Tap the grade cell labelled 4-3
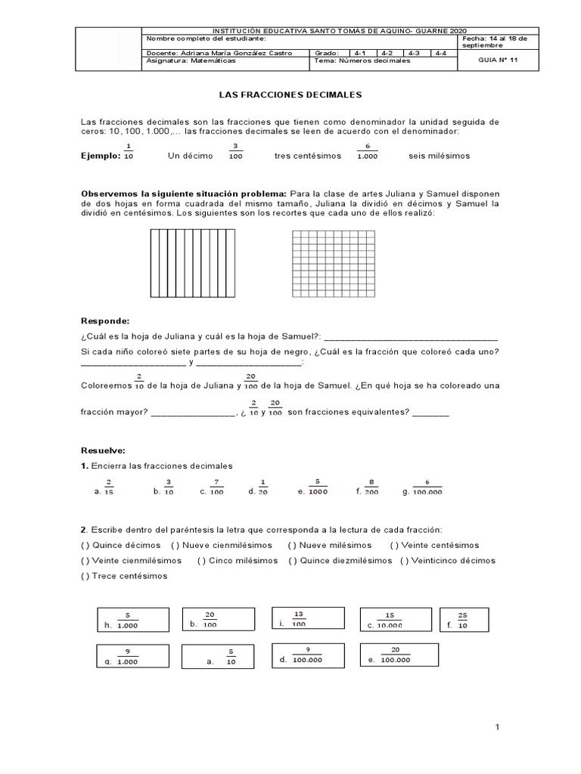click(414, 53)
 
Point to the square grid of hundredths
click(333, 265)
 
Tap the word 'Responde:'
click(105, 320)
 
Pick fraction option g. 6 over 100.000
click(426, 487)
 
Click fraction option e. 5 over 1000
click(314, 486)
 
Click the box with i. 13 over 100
click(306, 619)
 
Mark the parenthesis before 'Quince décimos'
click(85, 545)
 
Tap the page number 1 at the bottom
click(498, 727)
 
